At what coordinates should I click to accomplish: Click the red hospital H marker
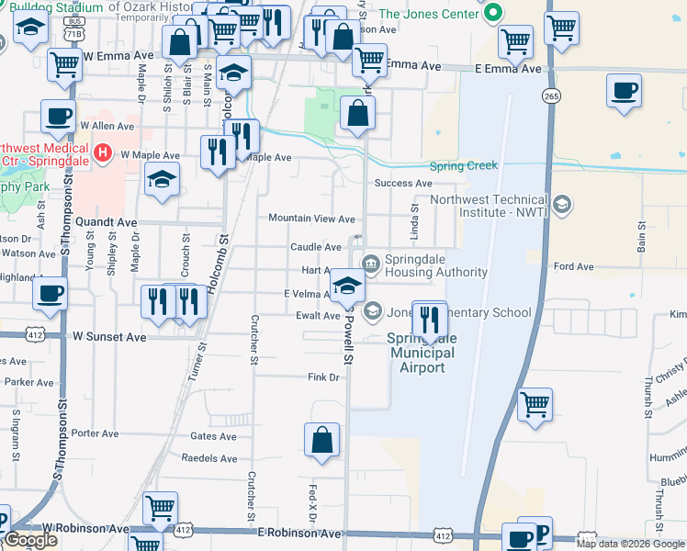(x=104, y=152)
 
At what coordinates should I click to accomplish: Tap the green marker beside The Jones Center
(x=493, y=13)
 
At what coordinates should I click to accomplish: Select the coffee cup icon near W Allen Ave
(x=58, y=117)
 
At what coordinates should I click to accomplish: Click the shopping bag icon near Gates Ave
(x=322, y=440)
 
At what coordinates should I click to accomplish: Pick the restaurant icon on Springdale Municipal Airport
(x=429, y=319)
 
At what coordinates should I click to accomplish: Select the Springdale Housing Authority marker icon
(x=370, y=264)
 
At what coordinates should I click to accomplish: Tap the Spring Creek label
(x=464, y=165)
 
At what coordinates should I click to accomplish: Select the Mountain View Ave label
(x=310, y=219)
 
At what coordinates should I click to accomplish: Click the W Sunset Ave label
(x=109, y=337)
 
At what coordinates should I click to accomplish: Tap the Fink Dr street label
(x=323, y=377)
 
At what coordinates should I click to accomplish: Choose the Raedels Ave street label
(x=209, y=458)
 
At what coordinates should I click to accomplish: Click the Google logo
(x=31, y=540)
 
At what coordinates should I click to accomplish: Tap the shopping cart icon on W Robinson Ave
(x=161, y=506)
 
